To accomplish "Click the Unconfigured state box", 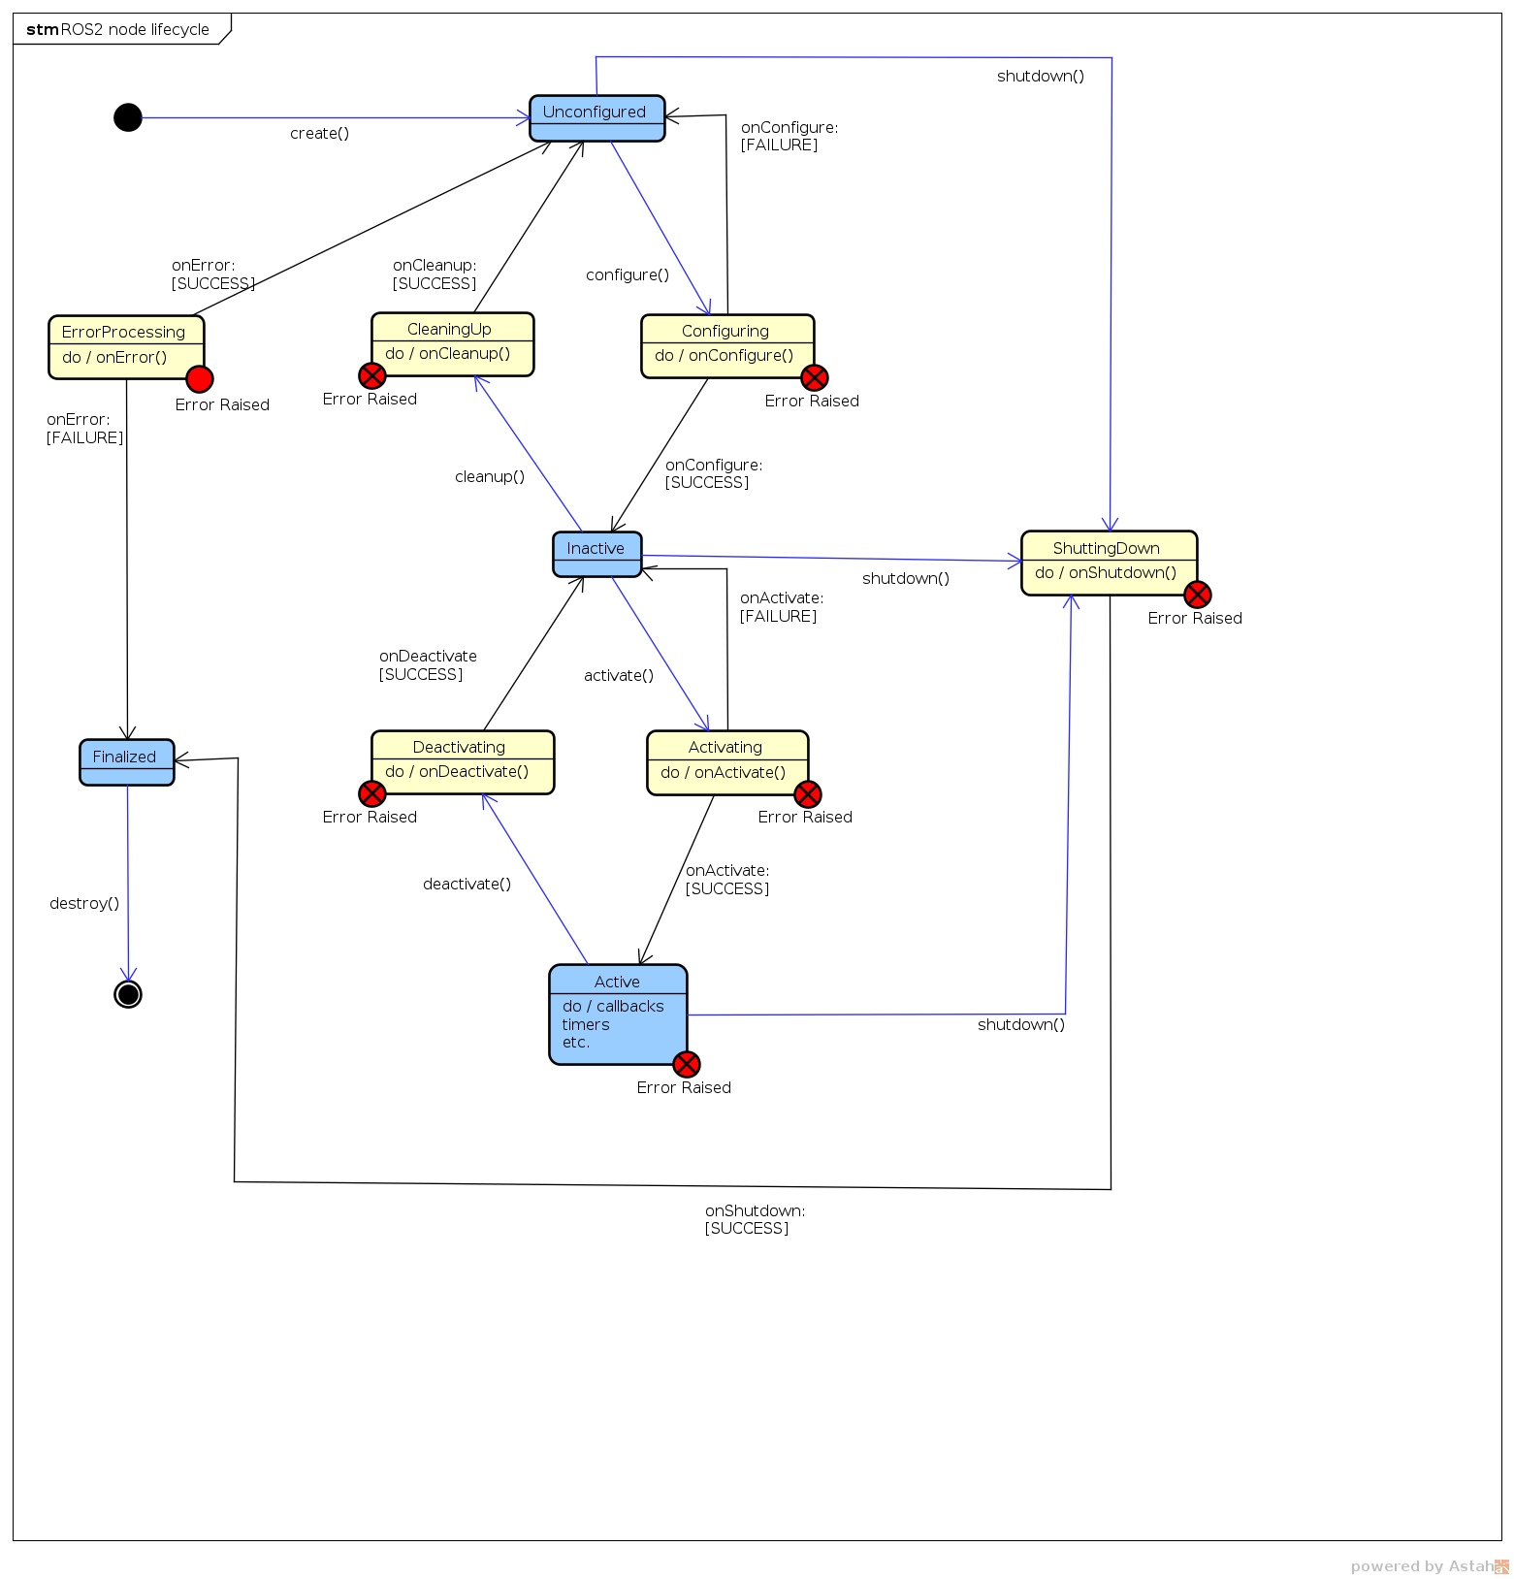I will pos(596,117).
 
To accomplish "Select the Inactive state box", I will pos(596,554).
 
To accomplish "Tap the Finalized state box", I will pos(126,761).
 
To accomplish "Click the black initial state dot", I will pos(128,117).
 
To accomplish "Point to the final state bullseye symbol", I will pos(128,994).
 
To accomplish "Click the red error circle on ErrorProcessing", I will pos(200,379).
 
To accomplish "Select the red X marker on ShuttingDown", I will pos(1198,595).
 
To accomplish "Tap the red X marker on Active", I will pos(687,1064).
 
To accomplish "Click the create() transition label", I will pos(319,134).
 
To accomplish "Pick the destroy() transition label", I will pos(84,904).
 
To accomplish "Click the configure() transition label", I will pos(628,275).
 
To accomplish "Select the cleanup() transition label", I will pos(490,477).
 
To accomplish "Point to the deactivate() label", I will pos(467,885).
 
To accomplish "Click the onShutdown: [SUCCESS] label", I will pos(755,1219).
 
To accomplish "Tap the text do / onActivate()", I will pos(723,773).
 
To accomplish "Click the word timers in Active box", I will pos(586,1025).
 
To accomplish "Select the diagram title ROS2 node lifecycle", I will pos(134,29).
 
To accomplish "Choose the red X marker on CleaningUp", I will pos(372,375).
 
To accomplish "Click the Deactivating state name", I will pos(459,747).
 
